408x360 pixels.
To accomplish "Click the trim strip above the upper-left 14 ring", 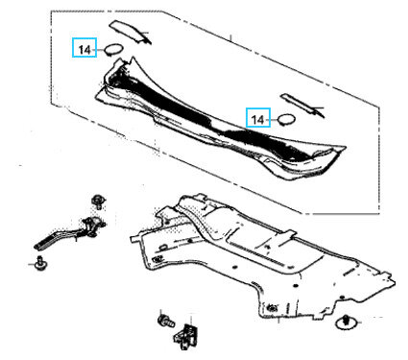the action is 130,32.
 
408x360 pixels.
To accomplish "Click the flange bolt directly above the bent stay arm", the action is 98,202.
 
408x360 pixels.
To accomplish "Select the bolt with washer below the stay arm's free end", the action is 40,264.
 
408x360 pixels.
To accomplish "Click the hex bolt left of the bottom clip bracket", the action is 165,321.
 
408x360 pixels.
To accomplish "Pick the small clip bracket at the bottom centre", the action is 186,336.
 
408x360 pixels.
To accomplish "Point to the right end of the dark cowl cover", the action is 345,148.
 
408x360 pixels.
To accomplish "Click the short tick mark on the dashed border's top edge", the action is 230,37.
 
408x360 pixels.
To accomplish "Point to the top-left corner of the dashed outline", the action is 51,12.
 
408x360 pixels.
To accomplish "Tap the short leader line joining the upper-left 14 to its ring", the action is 101,50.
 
